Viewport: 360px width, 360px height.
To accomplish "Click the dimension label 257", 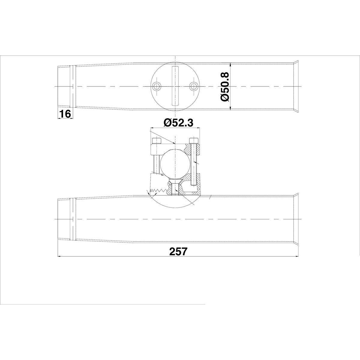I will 178,251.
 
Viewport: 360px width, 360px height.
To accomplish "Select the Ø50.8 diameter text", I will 225,87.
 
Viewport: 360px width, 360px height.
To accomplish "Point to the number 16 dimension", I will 64,114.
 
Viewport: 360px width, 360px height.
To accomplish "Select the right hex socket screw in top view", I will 193,86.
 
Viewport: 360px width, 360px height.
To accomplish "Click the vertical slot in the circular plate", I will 175,86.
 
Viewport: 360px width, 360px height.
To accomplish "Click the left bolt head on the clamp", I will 156,140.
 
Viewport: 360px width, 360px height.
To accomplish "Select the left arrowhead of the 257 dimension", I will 59,256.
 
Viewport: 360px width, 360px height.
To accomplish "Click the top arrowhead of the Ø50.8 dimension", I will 230,64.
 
